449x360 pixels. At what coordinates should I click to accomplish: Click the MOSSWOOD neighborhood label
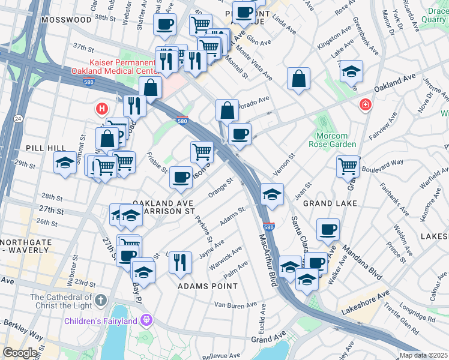67,20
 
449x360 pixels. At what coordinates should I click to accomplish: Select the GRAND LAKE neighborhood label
330,203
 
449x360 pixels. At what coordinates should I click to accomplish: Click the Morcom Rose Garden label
333,139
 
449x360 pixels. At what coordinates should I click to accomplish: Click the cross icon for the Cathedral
101,299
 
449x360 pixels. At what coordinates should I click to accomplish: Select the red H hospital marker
102,109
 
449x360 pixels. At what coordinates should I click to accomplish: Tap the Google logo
20,353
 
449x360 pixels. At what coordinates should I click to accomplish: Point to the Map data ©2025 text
423,355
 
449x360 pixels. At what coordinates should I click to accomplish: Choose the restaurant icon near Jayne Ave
180,262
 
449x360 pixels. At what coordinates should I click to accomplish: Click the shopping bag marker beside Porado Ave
228,110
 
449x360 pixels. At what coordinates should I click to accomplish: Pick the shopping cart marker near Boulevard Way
348,166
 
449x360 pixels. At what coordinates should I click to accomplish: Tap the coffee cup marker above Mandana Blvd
328,229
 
